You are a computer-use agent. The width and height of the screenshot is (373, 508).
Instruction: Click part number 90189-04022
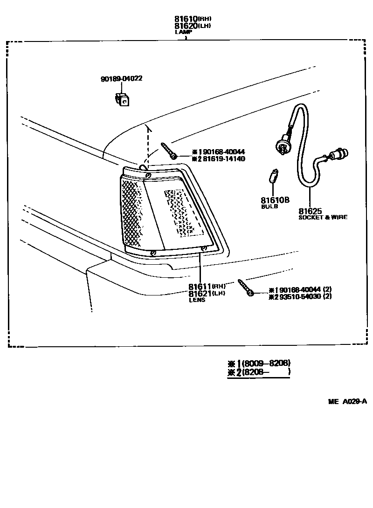click(x=121, y=79)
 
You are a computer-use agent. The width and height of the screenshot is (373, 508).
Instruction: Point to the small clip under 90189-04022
click(x=122, y=99)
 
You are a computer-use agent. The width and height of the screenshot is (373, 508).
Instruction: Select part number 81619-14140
click(x=225, y=159)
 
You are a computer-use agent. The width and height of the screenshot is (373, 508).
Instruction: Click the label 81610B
click(x=275, y=200)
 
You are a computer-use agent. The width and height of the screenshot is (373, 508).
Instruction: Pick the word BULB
click(x=269, y=206)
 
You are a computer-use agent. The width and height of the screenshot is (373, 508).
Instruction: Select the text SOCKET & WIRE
click(x=323, y=217)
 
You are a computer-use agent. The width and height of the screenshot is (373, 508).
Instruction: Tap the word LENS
click(x=197, y=300)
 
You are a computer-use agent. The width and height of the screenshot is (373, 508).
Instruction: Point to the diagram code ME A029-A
click(x=347, y=401)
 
